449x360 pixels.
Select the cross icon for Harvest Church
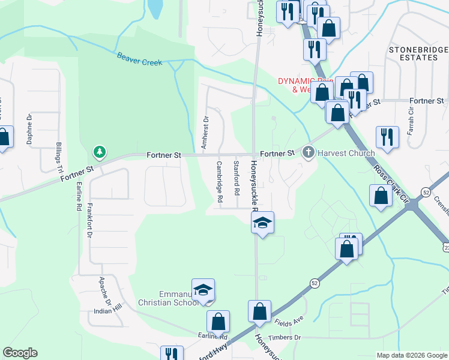coord(309,152)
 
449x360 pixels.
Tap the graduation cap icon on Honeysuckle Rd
coord(262,223)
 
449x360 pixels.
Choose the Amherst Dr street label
coord(205,133)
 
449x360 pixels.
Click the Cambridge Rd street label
coord(220,181)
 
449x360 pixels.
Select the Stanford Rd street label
coord(237,178)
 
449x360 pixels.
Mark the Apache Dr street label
coord(106,290)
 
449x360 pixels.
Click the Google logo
coord(20,353)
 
